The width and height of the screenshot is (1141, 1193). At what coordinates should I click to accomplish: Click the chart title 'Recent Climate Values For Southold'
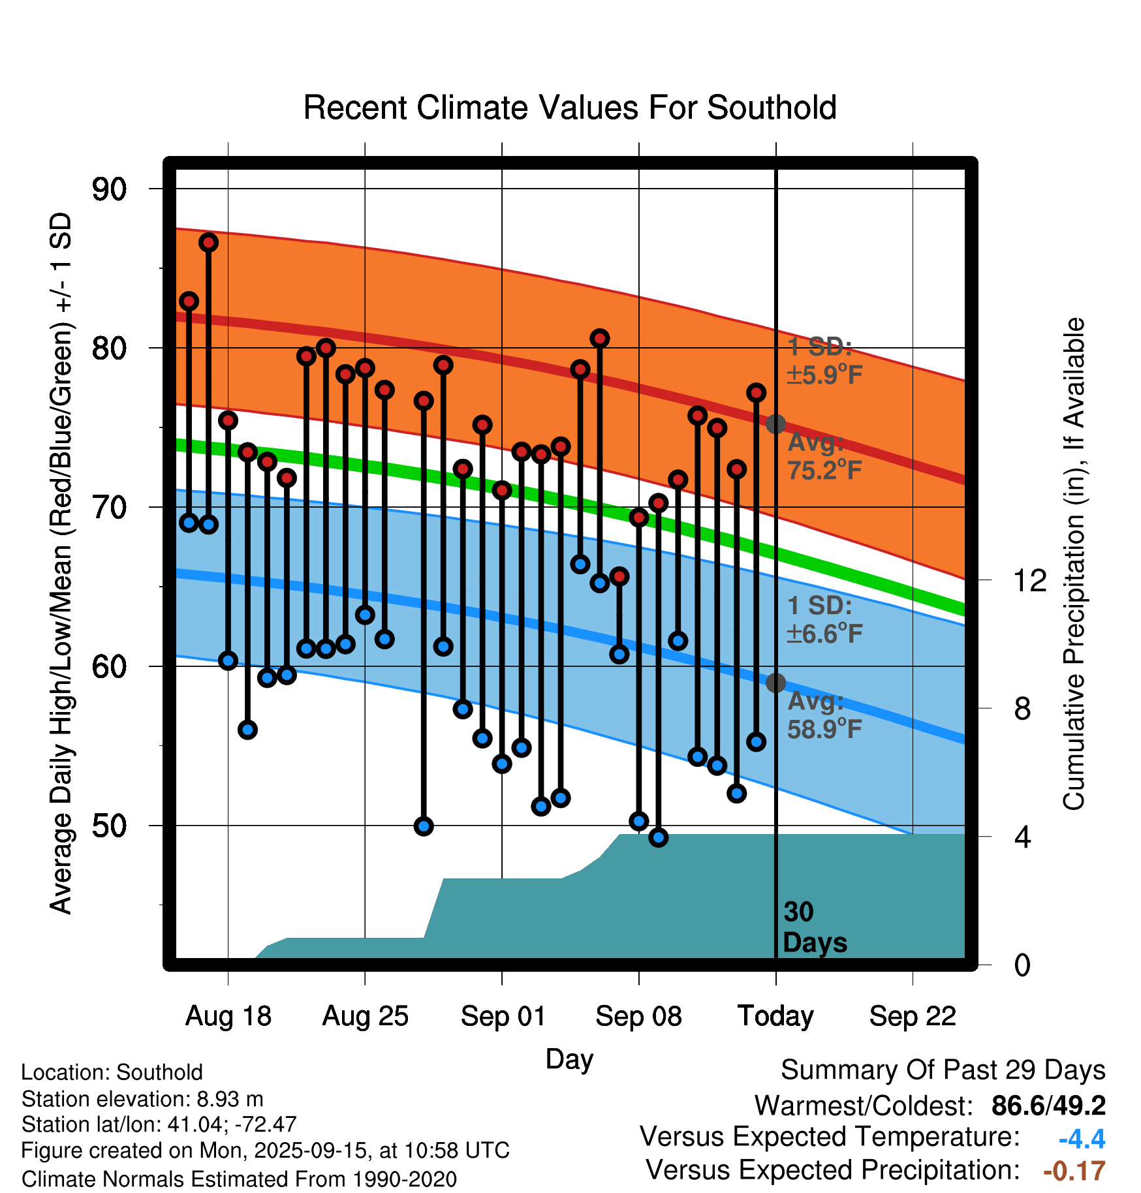pos(570,108)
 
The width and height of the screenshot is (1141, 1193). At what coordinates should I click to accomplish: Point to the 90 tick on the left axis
pos(109,189)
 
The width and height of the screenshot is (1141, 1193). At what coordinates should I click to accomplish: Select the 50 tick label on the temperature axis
pos(109,826)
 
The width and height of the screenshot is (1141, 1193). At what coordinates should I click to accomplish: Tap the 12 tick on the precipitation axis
pos(1030,580)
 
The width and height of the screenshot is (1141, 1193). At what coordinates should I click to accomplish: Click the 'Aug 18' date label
pos(228,1016)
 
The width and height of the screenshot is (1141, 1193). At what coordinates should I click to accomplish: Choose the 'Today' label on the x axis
pos(775,1016)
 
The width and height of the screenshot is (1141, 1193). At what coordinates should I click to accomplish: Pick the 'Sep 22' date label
pos(913,1016)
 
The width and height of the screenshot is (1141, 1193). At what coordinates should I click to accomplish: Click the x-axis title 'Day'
pos(569,1059)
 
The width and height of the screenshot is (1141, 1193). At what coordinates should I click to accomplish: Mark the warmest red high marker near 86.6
pos(208,243)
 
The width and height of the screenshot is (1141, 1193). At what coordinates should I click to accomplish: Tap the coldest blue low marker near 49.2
pos(659,837)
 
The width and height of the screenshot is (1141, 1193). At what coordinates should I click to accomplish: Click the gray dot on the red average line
pos(775,424)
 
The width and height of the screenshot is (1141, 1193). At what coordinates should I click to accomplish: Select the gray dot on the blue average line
pos(775,683)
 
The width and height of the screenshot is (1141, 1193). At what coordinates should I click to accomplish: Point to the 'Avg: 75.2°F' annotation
pos(824,456)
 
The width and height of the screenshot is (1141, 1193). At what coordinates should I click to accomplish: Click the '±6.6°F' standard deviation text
pos(824,633)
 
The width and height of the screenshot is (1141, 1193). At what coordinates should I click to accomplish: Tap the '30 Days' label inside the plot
pos(814,927)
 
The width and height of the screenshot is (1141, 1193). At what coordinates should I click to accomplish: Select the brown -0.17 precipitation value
pos(1074,1171)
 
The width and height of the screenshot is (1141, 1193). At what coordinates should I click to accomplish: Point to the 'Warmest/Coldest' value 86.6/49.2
pos(1048,1106)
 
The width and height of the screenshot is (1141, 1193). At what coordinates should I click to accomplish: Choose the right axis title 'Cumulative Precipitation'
pos(1073,565)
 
